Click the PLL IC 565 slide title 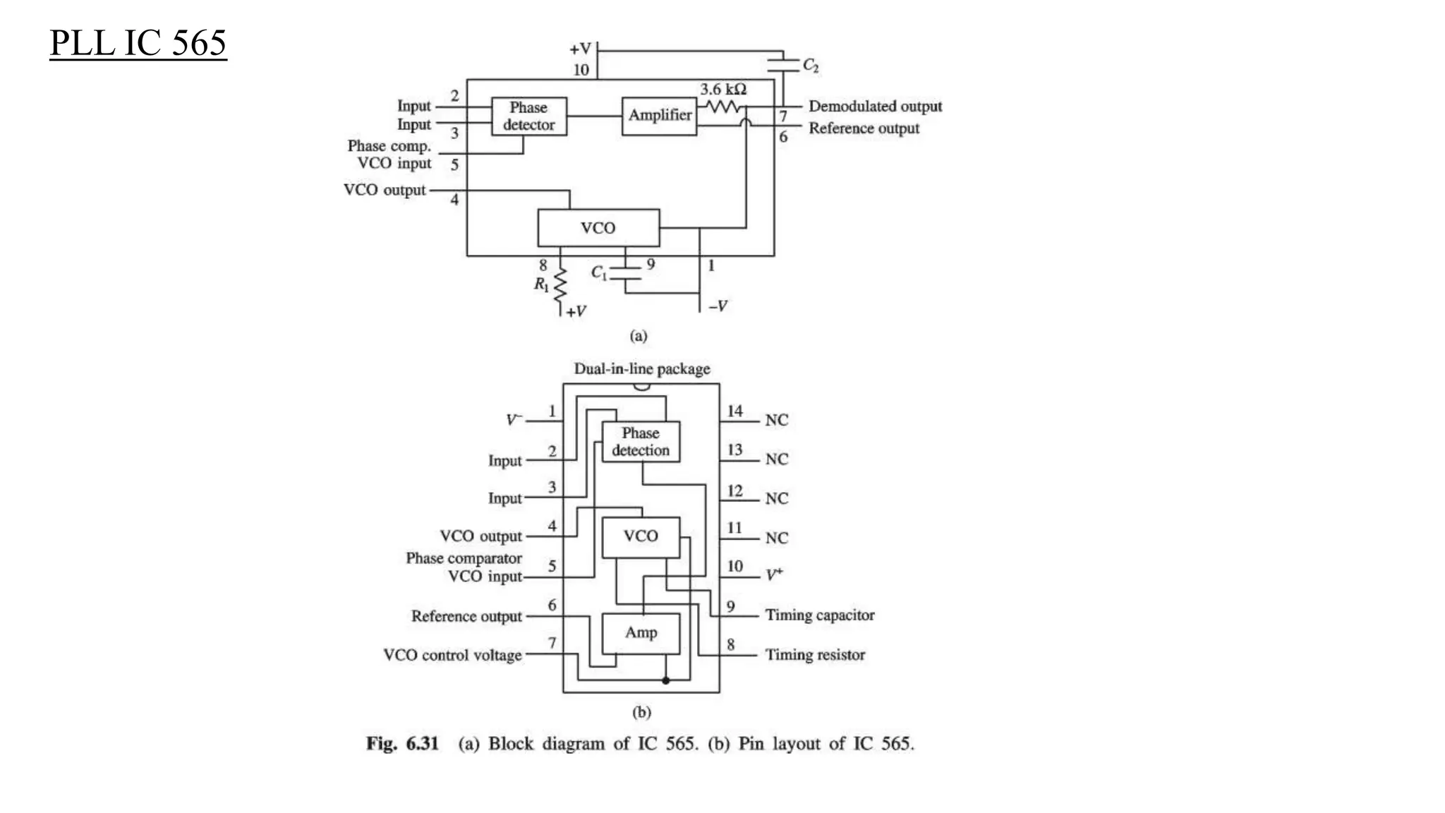point(138,43)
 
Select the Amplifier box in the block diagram point(659,115)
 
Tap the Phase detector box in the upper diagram point(528,116)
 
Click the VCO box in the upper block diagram point(598,227)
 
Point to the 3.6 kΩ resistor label point(723,90)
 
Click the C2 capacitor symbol point(783,66)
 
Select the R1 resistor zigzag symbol point(560,286)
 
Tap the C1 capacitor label point(598,272)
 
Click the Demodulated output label point(875,107)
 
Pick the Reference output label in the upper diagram point(864,128)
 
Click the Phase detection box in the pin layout point(641,442)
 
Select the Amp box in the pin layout point(641,633)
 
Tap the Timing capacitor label point(820,615)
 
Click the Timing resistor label point(815,655)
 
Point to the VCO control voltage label point(452,655)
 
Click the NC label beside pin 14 point(776,420)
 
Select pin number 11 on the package point(734,528)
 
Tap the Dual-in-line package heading point(641,369)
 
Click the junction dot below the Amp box point(665,680)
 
